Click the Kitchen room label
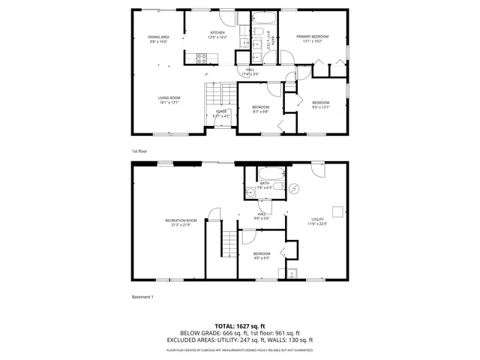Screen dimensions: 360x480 click(x=217, y=33)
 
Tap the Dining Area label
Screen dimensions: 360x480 click(x=158, y=37)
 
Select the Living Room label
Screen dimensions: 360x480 click(x=169, y=98)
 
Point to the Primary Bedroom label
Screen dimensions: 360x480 click(x=311, y=37)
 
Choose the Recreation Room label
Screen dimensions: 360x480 click(x=181, y=220)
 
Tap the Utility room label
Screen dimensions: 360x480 click(x=317, y=219)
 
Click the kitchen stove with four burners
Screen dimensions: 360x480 click(x=201, y=56)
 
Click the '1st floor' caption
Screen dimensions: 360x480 click(x=139, y=151)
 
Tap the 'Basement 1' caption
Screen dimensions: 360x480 click(x=142, y=297)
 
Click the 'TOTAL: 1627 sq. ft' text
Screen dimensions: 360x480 click(x=240, y=325)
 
